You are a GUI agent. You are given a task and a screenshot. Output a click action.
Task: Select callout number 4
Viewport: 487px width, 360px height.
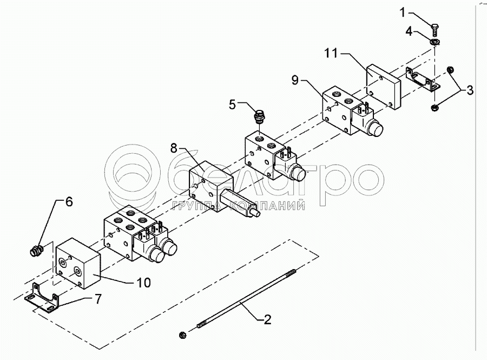tap(410, 32)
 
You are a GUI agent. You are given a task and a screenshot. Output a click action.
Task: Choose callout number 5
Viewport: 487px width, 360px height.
tap(232, 104)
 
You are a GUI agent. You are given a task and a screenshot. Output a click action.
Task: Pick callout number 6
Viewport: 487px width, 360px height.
tap(68, 202)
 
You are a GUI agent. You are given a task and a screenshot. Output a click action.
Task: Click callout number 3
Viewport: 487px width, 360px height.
tap(470, 90)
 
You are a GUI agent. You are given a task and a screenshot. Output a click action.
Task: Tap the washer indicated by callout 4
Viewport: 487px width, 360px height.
tap(435, 41)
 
